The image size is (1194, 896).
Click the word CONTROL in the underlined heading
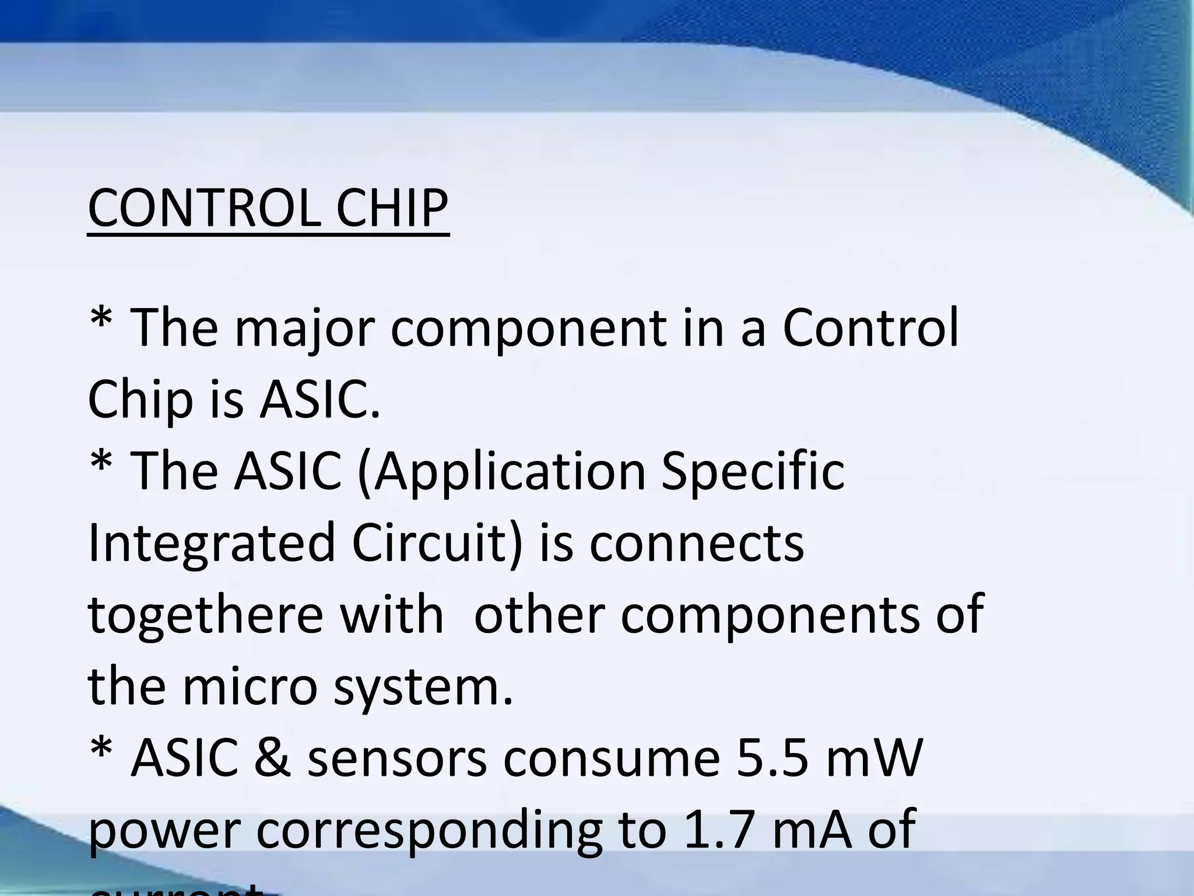click(203, 208)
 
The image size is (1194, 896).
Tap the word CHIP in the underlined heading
click(392, 208)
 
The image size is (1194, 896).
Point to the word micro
click(250, 686)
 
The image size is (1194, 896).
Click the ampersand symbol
click(272, 758)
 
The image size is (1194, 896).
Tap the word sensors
click(397, 759)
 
